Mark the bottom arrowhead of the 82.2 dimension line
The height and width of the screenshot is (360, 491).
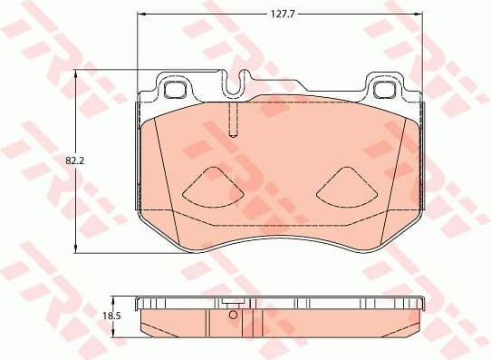[x=74, y=248]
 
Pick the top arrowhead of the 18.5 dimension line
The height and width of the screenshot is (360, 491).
[x=112, y=298]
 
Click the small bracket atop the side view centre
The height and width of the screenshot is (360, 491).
[x=233, y=304]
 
